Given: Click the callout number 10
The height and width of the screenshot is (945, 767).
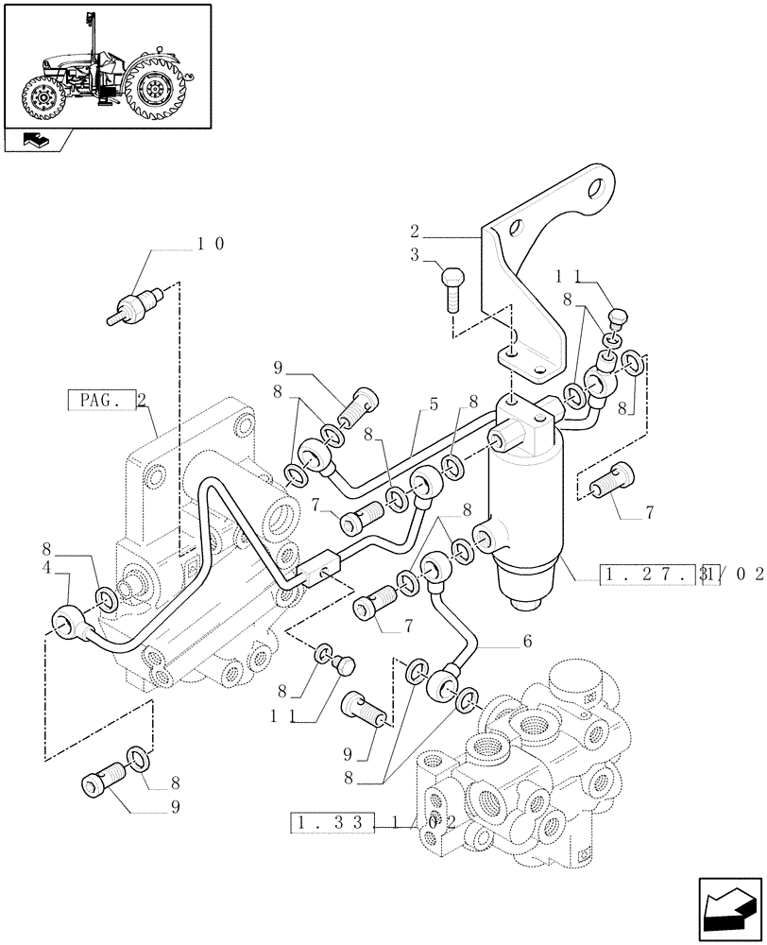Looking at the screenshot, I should [x=210, y=243].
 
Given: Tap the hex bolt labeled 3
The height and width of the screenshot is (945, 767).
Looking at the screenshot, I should [x=452, y=288].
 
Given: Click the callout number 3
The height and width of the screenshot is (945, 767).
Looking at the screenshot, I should [x=415, y=256].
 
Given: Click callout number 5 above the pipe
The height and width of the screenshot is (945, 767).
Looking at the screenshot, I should [x=434, y=404].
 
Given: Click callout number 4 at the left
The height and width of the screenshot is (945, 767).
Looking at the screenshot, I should [x=47, y=569].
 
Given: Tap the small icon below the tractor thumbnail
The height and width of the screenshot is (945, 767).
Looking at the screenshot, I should [x=37, y=141].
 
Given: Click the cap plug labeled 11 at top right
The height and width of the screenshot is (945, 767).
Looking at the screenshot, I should [x=620, y=317].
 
